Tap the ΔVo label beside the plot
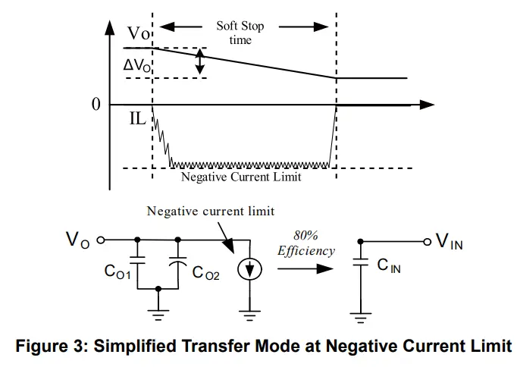point(137,66)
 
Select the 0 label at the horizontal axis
point(96,104)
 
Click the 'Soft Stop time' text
point(240,33)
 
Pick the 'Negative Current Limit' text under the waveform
point(241,177)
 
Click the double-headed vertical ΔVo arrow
point(199,62)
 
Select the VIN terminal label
point(447,243)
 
